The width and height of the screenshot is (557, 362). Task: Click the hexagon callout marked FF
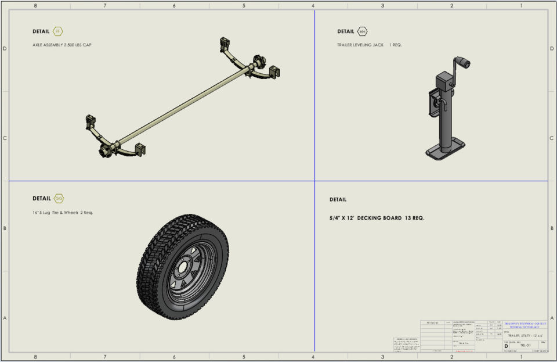tap(58, 31)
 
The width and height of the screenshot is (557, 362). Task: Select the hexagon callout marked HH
tap(363, 31)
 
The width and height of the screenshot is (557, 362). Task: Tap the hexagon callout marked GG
tap(59, 199)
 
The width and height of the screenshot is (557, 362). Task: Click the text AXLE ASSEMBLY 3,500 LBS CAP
tap(62, 45)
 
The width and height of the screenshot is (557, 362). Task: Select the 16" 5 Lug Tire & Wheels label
tap(63, 212)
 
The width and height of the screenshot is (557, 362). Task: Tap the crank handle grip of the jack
tap(462, 62)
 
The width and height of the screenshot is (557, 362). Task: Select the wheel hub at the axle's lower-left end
tap(106, 151)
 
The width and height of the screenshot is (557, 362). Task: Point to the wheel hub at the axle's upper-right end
tap(257, 61)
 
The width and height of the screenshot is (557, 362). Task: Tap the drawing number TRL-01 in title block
tap(525, 345)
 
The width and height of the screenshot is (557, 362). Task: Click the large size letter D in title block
tap(506, 345)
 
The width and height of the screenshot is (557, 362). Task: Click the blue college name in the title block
tap(525, 323)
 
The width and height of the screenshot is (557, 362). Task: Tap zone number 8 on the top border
tap(35, 5)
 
